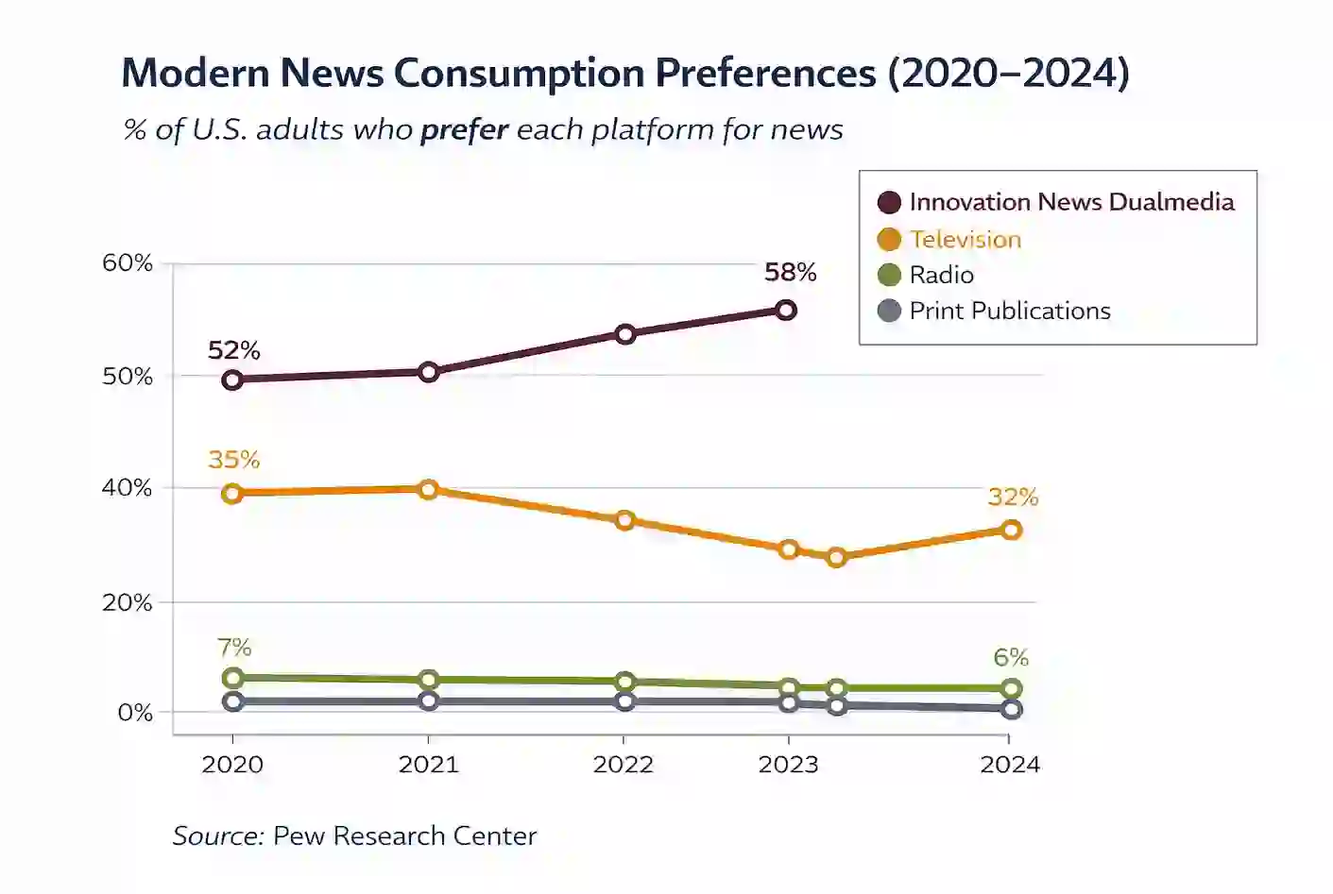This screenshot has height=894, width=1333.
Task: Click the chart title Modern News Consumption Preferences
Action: coord(624,74)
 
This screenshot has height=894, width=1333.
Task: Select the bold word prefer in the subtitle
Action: coord(464,129)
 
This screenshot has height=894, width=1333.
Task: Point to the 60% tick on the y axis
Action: coord(128,262)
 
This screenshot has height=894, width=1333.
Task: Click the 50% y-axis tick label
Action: coord(128,376)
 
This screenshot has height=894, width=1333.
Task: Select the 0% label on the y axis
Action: coord(135,712)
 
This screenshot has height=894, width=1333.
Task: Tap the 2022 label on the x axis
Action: coord(623,764)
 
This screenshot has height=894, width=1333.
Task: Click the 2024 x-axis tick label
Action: coord(1009,764)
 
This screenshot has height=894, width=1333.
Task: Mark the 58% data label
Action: coord(790,272)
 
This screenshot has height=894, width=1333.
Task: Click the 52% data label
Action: coord(233,350)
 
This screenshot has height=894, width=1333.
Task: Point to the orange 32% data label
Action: coord(1013,497)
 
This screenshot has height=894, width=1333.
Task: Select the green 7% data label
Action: coord(234,648)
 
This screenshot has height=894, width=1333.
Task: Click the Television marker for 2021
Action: coord(428,489)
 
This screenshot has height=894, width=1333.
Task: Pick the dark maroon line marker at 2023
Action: coord(785,310)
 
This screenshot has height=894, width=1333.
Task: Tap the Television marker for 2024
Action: coord(1011,530)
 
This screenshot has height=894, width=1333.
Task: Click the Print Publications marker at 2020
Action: coord(232,700)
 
